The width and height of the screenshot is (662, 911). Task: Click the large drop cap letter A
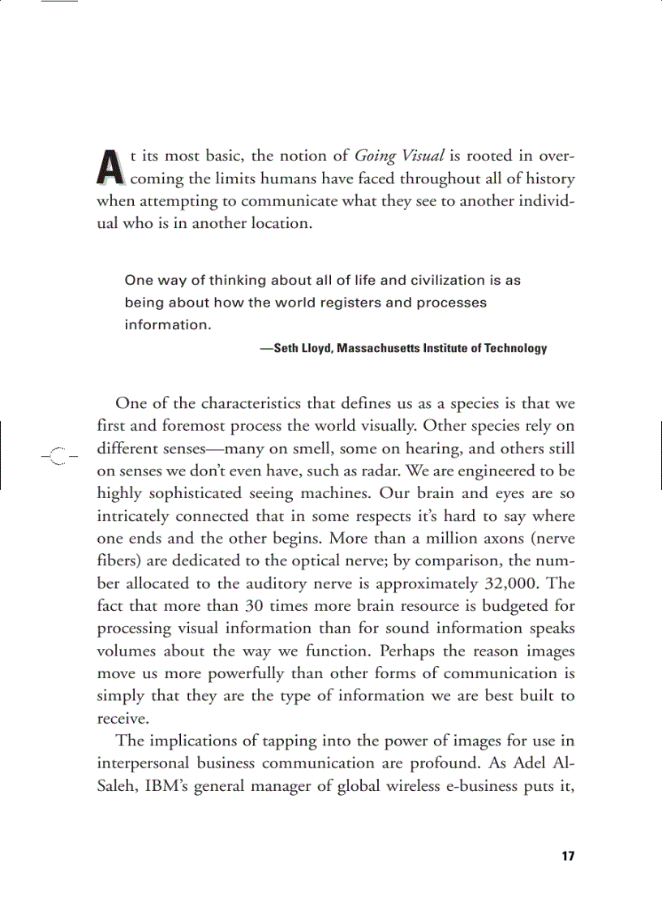click(110, 165)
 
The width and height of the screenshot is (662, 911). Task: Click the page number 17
click(567, 856)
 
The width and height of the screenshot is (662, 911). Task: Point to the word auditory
click(269, 582)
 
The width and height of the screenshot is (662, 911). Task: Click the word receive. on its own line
click(122, 718)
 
